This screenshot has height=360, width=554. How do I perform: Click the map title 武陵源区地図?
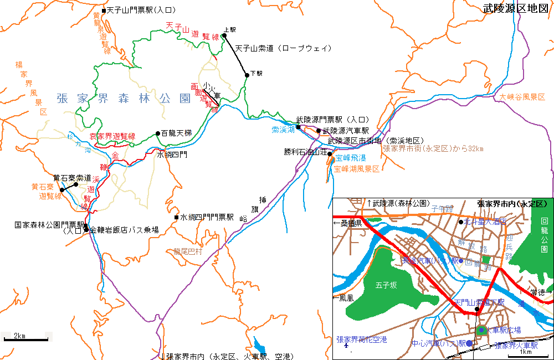(x=515, y=8)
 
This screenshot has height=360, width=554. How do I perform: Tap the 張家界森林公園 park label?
(x=124, y=99)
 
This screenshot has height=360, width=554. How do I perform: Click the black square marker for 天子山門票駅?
(x=104, y=10)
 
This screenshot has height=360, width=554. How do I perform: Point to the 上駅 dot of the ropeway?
(x=224, y=36)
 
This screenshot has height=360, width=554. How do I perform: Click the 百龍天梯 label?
(x=176, y=133)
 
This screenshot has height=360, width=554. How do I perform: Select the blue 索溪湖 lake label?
(x=283, y=130)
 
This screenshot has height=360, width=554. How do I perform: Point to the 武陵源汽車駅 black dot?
(x=319, y=131)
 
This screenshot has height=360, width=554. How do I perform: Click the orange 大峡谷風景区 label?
(x=522, y=97)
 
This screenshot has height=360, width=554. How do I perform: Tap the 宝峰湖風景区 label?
(x=357, y=169)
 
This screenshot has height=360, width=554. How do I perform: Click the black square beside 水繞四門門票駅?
(x=176, y=217)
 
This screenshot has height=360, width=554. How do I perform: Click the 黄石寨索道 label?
(x=72, y=178)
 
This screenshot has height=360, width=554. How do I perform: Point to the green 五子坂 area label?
(x=387, y=286)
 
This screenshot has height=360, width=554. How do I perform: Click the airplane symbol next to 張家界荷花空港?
(x=347, y=347)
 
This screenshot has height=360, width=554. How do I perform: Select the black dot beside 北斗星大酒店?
(x=461, y=222)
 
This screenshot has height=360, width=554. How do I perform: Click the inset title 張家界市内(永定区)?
(x=512, y=203)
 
